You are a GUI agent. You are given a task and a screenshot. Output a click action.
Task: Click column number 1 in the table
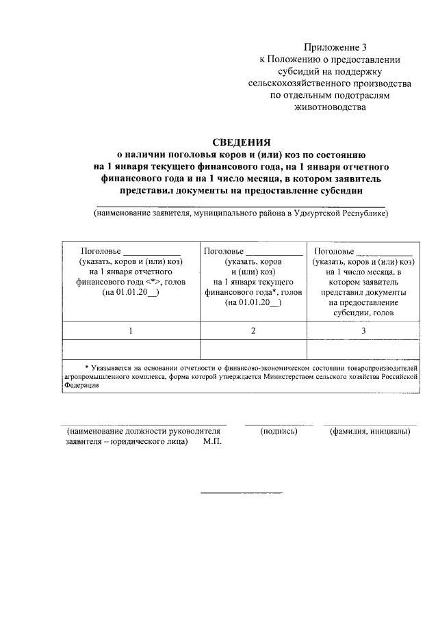(x=130, y=331)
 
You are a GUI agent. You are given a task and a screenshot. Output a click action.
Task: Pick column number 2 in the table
(x=253, y=331)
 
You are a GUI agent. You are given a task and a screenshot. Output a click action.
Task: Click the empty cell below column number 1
(x=130, y=348)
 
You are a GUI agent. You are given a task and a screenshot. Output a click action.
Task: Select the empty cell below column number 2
(x=253, y=348)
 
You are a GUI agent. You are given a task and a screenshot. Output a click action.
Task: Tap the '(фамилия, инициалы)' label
(x=370, y=432)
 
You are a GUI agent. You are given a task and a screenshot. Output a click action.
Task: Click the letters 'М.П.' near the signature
(x=213, y=442)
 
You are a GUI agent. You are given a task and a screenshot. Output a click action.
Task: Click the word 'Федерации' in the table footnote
(x=82, y=385)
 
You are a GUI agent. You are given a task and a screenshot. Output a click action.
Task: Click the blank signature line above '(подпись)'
(x=279, y=424)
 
